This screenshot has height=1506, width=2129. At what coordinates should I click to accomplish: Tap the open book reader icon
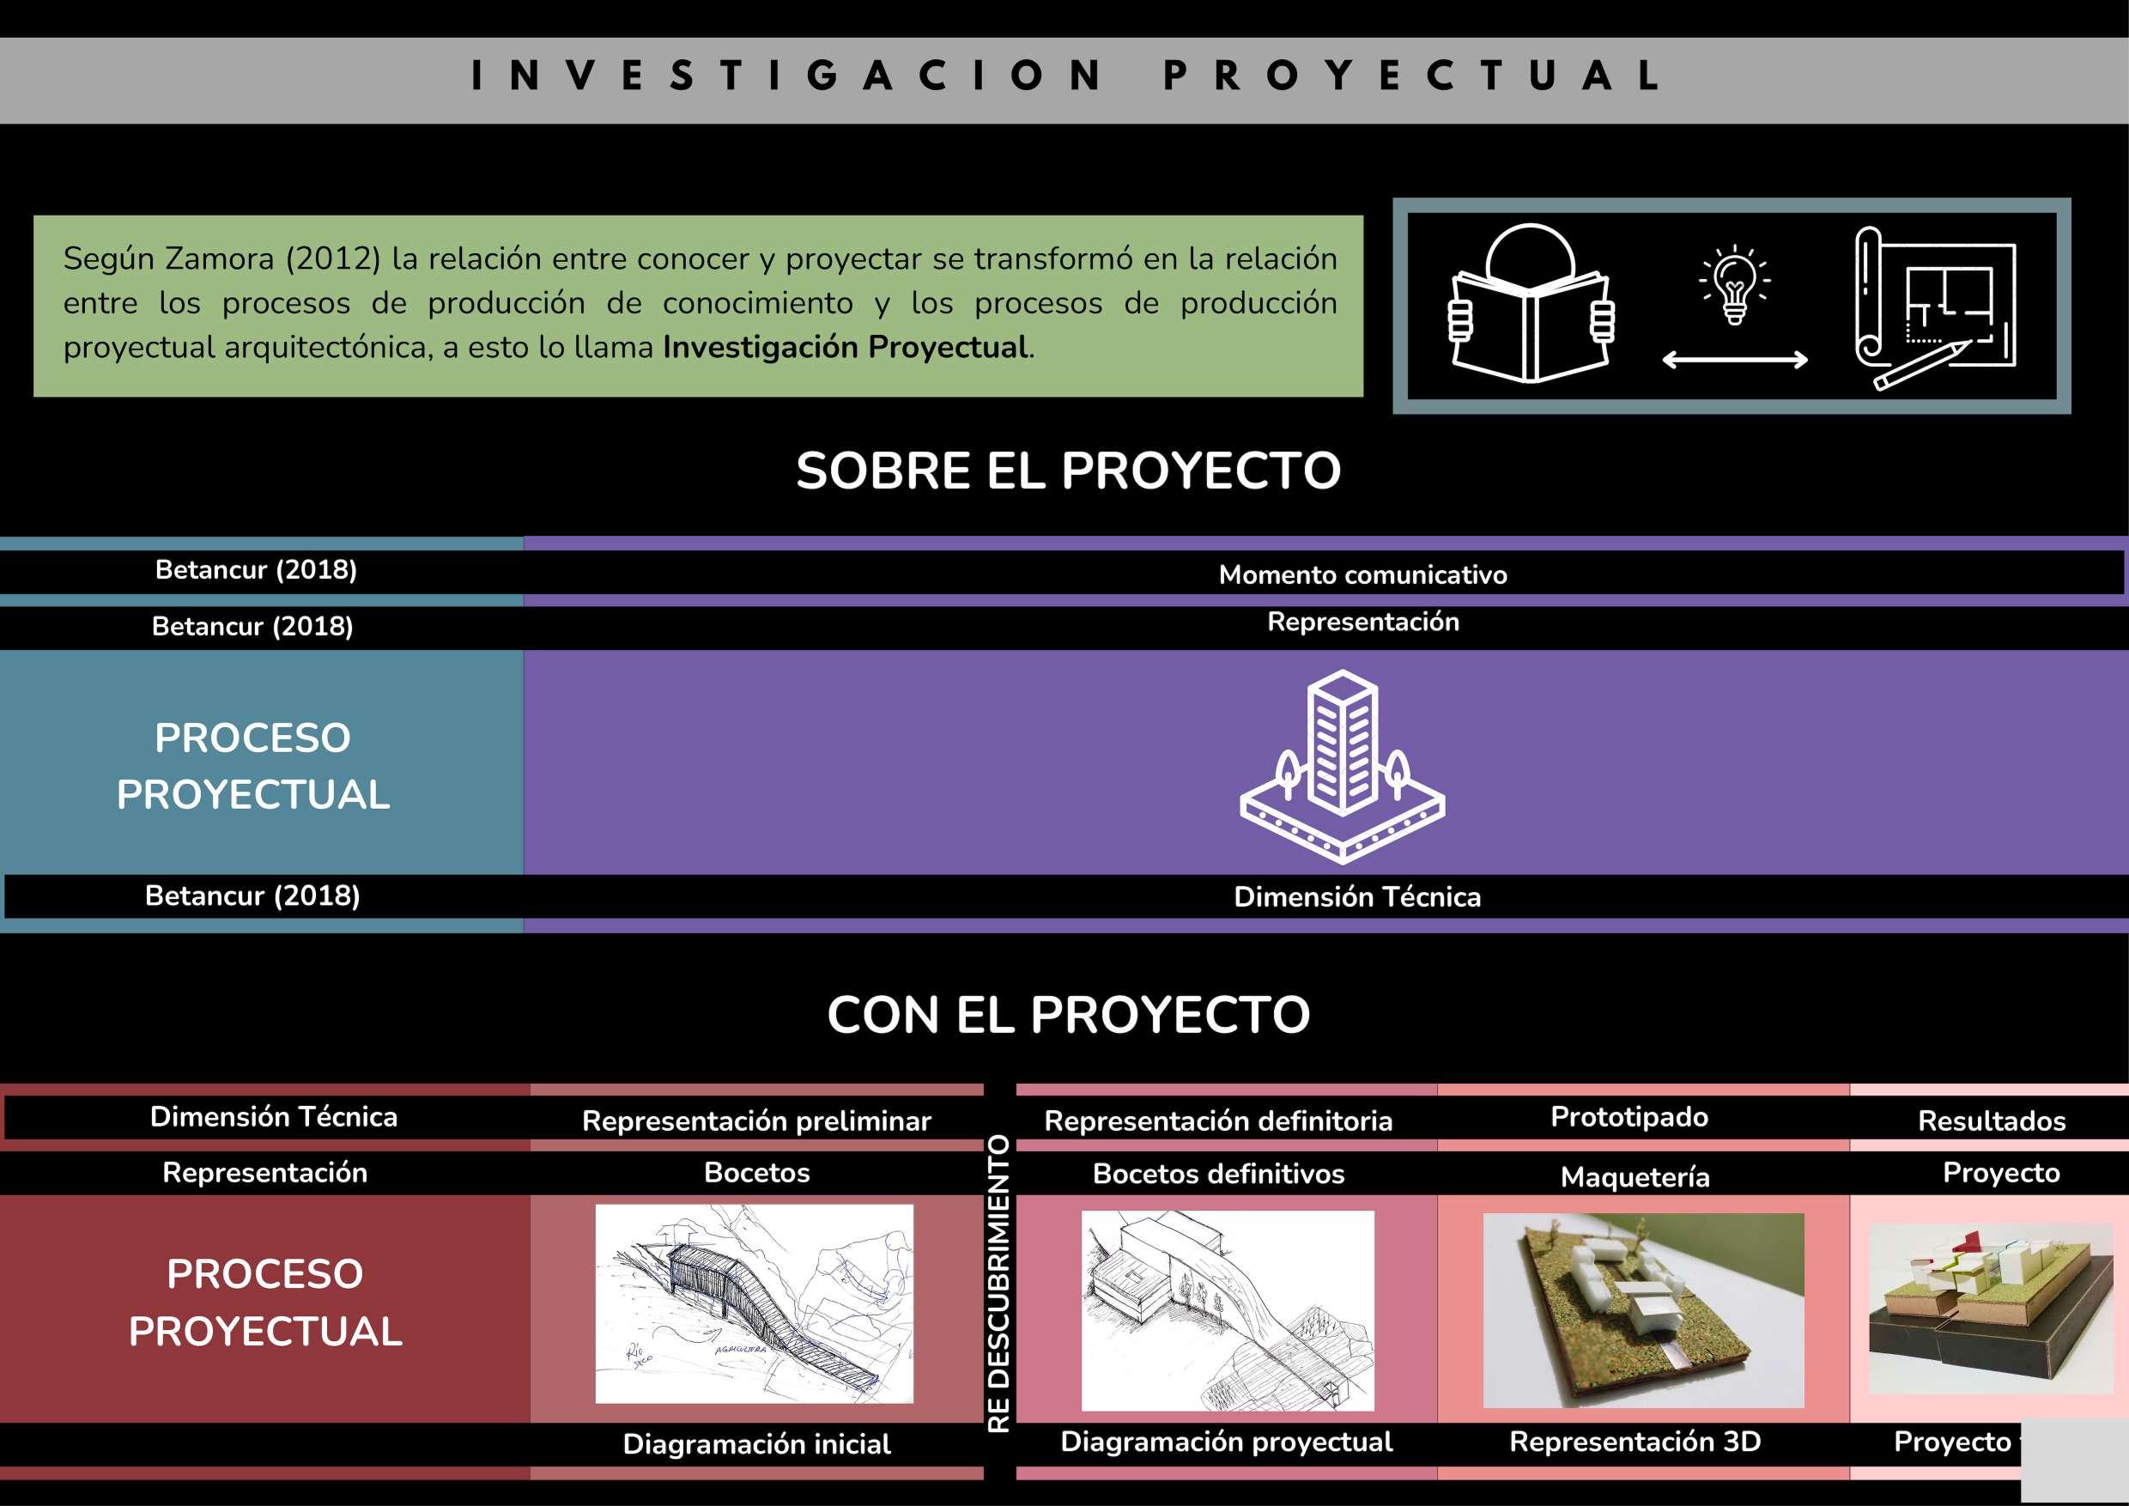(x=1531, y=306)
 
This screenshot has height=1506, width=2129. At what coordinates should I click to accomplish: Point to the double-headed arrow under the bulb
(x=1734, y=360)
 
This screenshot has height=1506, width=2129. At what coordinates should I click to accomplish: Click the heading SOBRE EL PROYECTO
(x=1068, y=471)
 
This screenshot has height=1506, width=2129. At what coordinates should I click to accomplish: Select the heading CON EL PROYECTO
(x=1068, y=1015)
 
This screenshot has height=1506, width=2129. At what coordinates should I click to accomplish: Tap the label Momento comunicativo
(x=1362, y=575)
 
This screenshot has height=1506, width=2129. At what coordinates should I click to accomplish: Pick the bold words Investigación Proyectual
(x=846, y=348)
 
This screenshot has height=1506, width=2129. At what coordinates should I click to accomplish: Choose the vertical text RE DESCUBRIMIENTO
(x=998, y=1284)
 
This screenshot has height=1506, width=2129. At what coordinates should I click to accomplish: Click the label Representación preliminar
(x=755, y=1121)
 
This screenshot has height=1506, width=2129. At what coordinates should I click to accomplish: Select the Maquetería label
(x=1635, y=1177)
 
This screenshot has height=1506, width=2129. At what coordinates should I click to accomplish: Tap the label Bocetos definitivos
(x=1218, y=1174)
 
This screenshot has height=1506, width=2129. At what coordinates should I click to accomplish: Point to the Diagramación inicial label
(x=756, y=1444)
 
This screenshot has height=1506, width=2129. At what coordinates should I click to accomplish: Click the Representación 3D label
(x=1635, y=1441)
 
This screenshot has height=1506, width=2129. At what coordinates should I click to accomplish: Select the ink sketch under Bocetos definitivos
(x=1227, y=1309)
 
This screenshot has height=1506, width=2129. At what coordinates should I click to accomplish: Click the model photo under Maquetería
(x=1643, y=1309)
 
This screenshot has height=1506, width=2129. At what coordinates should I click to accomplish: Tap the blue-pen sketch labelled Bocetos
(x=754, y=1303)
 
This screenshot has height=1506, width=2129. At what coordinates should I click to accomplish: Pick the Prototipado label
(x=1629, y=1116)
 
